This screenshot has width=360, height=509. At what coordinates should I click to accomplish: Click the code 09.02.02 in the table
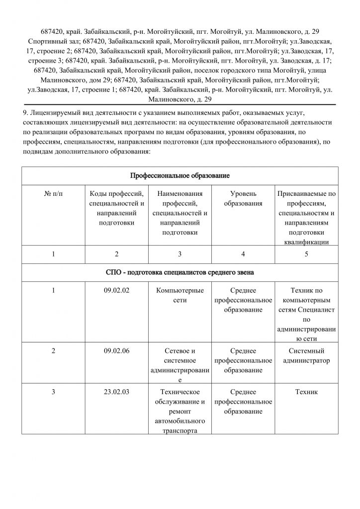click(x=116, y=290)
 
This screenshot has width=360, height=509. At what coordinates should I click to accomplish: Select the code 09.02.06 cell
click(x=116, y=351)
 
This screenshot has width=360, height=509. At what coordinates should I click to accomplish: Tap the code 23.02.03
click(x=116, y=392)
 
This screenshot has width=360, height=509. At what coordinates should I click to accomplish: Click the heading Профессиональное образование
click(x=180, y=176)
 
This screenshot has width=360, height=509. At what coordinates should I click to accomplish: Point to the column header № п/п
click(x=53, y=193)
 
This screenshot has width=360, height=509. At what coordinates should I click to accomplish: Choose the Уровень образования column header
click(x=243, y=198)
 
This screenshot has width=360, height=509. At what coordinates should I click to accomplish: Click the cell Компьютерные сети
click(x=180, y=295)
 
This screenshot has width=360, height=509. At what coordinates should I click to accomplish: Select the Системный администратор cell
click(x=306, y=355)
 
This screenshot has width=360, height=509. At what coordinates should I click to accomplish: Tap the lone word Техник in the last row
click(x=306, y=392)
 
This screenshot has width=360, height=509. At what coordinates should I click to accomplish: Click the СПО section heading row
click(x=180, y=272)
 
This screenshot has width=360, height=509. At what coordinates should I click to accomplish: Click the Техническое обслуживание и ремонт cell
click(x=180, y=411)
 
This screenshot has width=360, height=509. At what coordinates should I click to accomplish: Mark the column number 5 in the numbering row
click(x=306, y=254)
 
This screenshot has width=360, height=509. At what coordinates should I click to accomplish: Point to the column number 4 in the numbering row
click(x=243, y=254)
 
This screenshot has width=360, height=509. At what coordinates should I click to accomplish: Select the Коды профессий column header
click(x=116, y=208)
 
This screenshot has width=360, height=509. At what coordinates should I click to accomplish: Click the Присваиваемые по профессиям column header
click(x=306, y=217)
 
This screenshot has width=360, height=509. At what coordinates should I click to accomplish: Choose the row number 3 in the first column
click(x=53, y=392)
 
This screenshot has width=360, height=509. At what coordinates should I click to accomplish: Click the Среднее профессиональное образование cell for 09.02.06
click(x=243, y=360)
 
